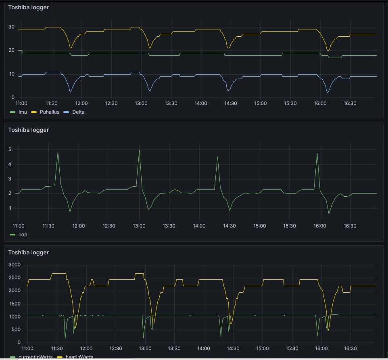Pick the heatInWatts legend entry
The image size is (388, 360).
click(79, 357)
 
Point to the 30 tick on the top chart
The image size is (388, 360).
click(12, 27)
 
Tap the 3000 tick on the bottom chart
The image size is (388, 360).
click(15, 265)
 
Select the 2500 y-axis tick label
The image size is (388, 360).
click(15, 278)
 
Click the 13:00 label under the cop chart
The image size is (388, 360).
click(139, 226)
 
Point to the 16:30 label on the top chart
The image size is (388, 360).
click(350, 103)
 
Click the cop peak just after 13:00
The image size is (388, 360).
click(139, 150)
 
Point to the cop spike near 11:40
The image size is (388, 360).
click(58, 152)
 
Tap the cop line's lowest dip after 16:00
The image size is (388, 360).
click(329, 213)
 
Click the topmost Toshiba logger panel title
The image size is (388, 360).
click(29, 7)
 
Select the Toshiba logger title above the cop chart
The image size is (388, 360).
click(29, 130)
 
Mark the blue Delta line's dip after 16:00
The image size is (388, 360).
click(328, 93)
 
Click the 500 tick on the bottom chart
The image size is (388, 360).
click(17, 330)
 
